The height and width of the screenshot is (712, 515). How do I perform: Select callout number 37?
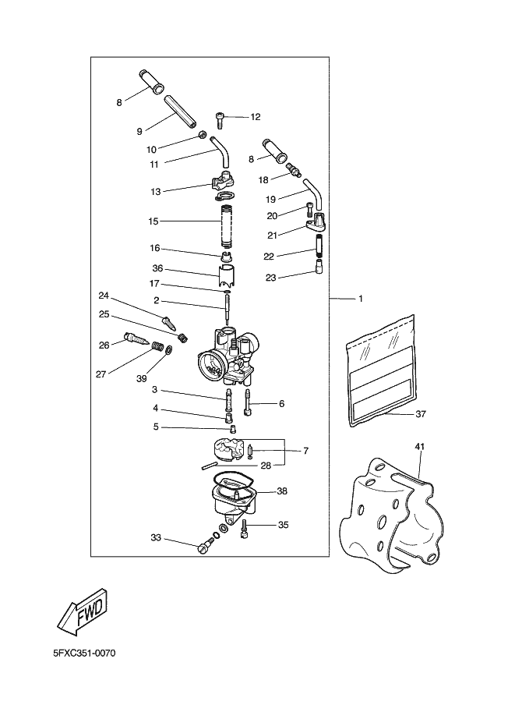click(x=421, y=414)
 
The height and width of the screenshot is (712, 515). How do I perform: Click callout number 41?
click(x=419, y=448)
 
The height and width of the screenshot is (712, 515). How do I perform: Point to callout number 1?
click(x=360, y=298)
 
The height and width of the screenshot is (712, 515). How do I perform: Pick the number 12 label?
click(x=256, y=117)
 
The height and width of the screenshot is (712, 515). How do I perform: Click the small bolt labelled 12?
click(x=220, y=119)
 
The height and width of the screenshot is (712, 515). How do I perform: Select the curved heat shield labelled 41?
click(x=390, y=515)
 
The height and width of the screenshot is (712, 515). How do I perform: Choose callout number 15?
click(x=153, y=221)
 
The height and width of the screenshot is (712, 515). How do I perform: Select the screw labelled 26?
click(x=137, y=340)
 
